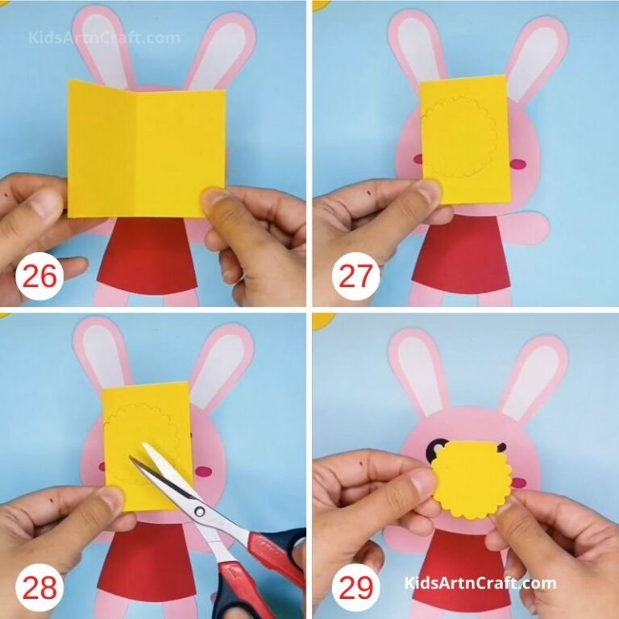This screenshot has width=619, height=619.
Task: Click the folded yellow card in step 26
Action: coord(145,149)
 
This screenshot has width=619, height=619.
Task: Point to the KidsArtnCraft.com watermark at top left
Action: coord(105,37)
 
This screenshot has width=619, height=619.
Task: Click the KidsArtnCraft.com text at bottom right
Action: coord(481,583)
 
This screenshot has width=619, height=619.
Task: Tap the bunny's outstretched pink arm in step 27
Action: coord(528,228)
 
